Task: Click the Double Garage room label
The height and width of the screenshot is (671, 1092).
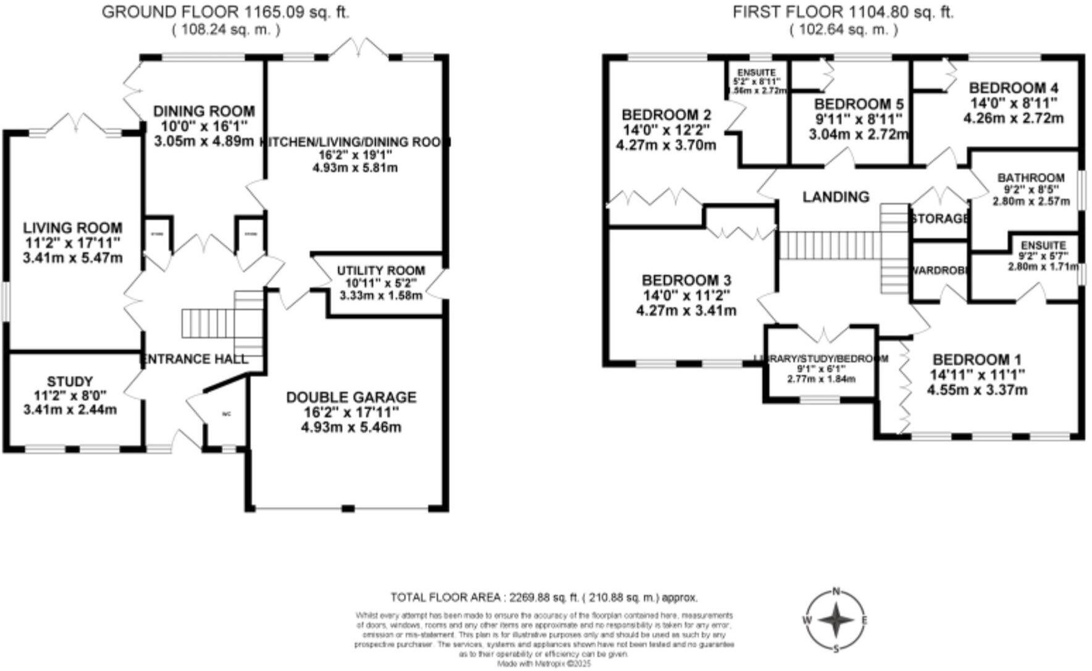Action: [351, 397]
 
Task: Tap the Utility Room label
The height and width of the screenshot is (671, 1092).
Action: [380, 271]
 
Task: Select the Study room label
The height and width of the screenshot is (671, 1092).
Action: [70, 382]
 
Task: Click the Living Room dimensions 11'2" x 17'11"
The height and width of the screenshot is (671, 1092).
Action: [72, 243]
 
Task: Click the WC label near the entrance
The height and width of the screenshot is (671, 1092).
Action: [226, 414]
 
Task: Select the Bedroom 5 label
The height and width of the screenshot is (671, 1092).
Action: [859, 104]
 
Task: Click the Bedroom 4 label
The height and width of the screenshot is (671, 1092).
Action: [1013, 88]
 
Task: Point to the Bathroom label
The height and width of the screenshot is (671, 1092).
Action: [1031, 178]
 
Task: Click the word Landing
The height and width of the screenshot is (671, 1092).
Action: [836, 197]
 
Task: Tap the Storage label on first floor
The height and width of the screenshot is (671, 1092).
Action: [939, 219]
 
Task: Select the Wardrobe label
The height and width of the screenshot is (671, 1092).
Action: [939, 271]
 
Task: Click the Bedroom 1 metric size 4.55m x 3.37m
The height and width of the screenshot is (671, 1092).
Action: [977, 390]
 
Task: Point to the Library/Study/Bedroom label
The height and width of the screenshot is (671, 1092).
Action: [821, 359]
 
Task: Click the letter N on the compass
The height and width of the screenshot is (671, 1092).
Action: [836, 591]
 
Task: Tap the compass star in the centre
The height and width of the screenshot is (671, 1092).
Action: [836, 620]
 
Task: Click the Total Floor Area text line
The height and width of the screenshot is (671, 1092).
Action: [544, 597]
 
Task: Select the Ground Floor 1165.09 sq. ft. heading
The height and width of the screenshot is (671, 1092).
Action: [225, 12]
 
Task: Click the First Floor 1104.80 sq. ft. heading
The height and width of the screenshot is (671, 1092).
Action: [843, 12]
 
